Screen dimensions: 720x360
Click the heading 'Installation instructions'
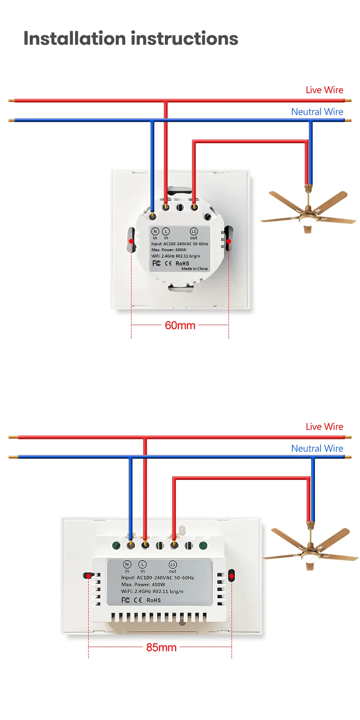coord(131,38)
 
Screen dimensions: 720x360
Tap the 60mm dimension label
coord(180,325)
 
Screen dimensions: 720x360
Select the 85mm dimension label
coord(161,647)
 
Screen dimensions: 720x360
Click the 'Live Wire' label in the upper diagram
coord(324,90)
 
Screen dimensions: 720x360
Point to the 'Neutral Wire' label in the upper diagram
coord(317,112)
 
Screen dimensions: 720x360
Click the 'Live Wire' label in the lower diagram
coord(324,427)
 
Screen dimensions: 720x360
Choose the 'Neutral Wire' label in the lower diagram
coord(317,449)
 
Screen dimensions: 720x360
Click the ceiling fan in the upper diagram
coord(308,212)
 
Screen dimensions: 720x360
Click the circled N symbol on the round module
coord(155,231)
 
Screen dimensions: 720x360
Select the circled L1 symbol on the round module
coord(194,231)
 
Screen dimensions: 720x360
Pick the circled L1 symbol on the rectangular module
coord(173,564)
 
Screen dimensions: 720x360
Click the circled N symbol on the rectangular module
coord(127,564)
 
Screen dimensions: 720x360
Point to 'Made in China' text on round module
coord(194,269)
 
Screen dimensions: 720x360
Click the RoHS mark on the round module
coord(182,263)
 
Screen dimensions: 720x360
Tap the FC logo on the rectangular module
coord(126,600)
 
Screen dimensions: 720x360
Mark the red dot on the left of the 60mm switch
coord(131,241)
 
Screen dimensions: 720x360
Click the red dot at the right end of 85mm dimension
coord(231,576)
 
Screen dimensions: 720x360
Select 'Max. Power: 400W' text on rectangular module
coord(143,584)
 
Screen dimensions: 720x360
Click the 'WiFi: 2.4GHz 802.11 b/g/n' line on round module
coord(175,256)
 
